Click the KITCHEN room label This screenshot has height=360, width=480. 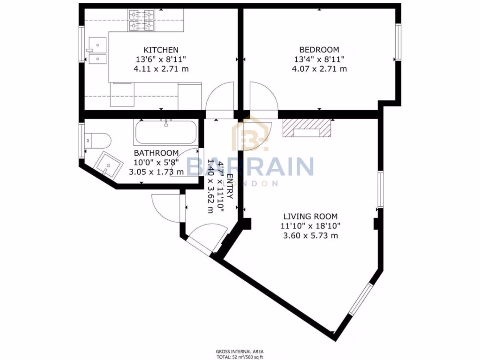click(x=161, y=50)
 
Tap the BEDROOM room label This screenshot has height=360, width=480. click(x=319, y=50)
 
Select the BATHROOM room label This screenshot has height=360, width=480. click(x=156, y=153)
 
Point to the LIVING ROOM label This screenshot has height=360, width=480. click(x=310, y=216)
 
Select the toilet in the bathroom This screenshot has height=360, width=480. click(x=100, y=140)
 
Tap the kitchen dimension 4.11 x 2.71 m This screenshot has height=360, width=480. click(x=161, y=69)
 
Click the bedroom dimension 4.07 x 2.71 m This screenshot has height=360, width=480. click(x=319, y=69)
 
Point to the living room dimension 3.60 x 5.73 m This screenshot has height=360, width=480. click(x=310, y=235)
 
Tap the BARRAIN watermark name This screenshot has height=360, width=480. click(x=250, y=166)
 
